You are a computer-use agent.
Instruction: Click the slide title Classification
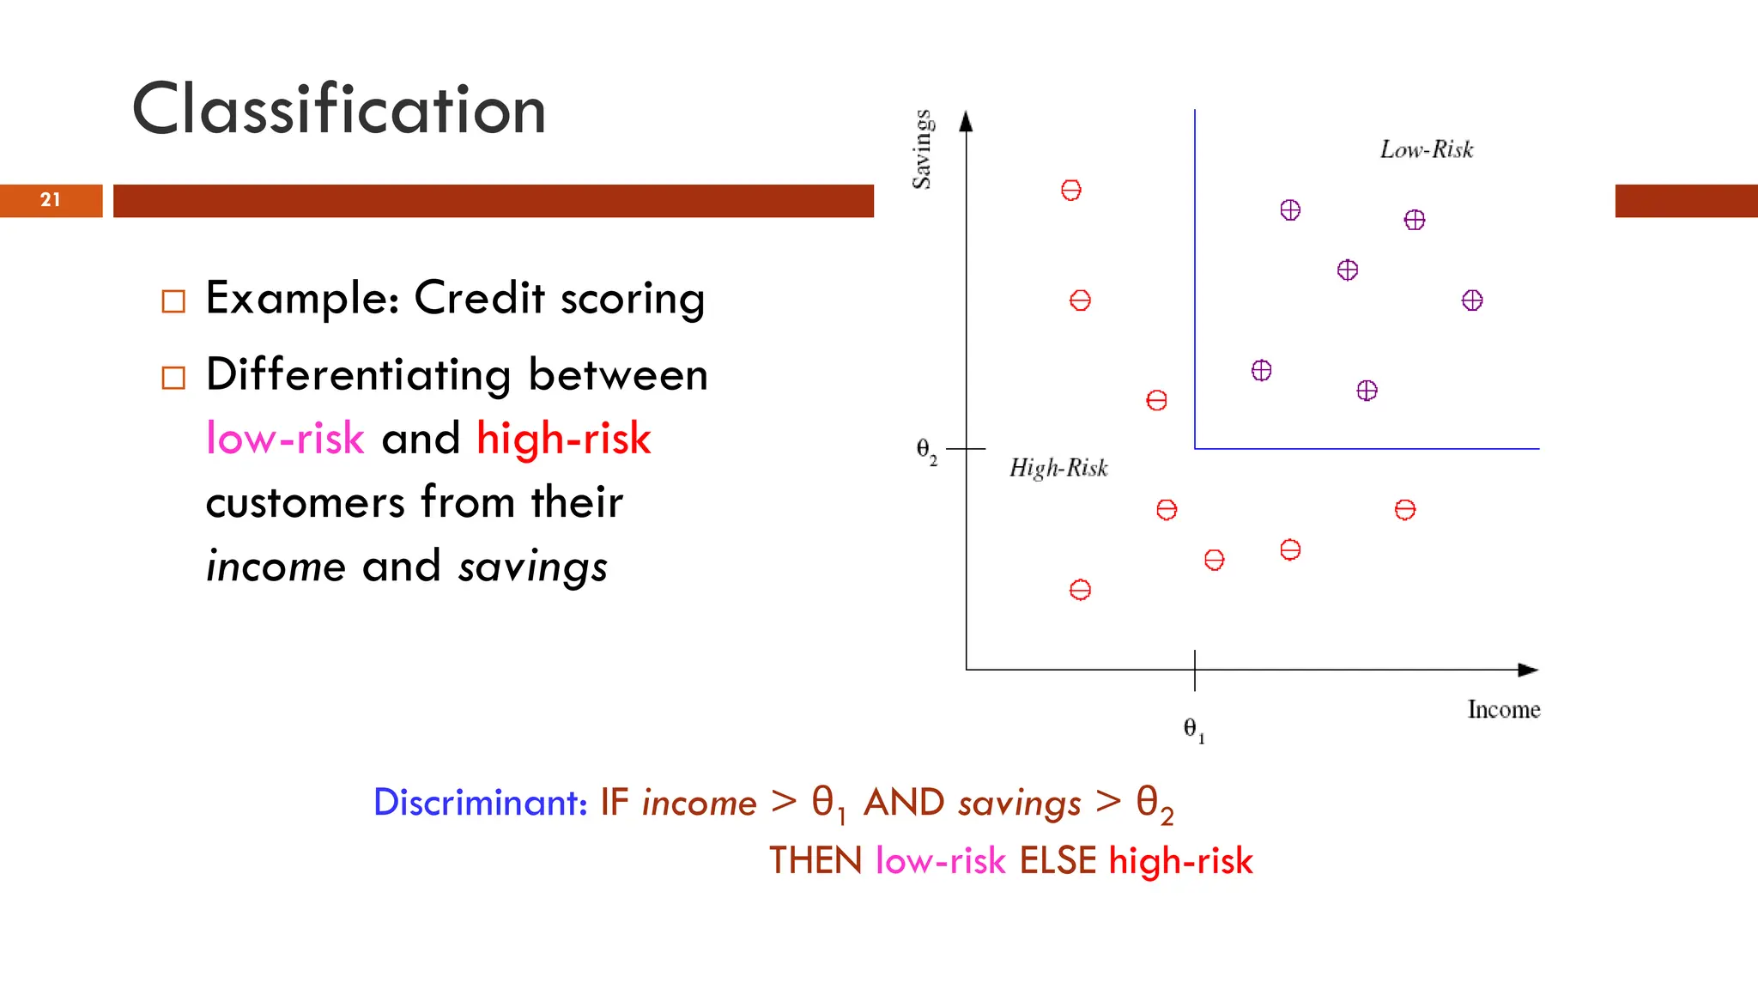339,110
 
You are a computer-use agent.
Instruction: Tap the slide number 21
51,200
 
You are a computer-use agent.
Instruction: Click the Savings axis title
922,149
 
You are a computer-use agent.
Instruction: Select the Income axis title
1503,710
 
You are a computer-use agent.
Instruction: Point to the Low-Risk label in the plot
1426,149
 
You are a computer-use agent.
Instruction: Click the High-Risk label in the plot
1058,468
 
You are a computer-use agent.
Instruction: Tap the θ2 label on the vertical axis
926,450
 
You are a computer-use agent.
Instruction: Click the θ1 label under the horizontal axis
1193,730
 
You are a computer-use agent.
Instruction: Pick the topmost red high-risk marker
1070,190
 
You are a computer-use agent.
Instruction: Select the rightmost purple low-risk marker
1472,300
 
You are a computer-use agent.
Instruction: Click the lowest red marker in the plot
1080,590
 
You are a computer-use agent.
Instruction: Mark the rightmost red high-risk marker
1404,510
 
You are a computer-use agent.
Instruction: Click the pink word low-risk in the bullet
285,439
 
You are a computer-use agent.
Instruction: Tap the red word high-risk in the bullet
563,439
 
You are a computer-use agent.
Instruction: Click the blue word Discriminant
480,803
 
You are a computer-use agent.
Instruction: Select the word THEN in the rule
815,861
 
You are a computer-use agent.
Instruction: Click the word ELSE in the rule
1058,861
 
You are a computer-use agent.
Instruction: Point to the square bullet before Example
173,301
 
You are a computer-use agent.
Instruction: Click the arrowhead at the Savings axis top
966,121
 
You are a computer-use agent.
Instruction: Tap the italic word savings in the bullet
532,567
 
